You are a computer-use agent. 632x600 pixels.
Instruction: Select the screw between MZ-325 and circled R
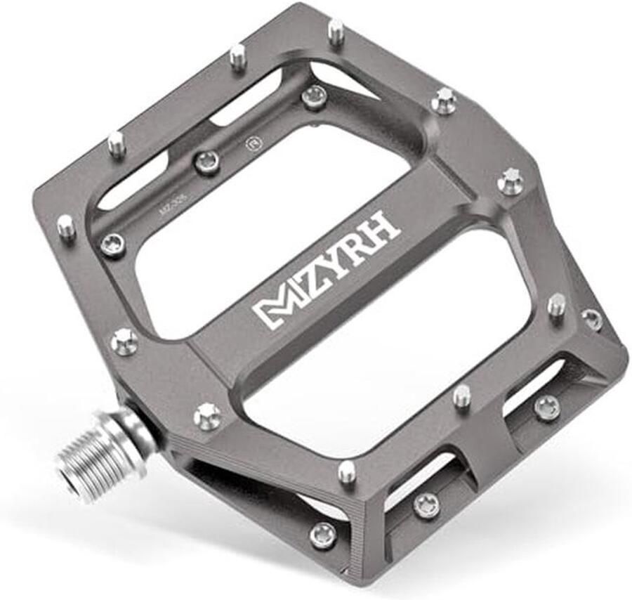[x=206, y=163]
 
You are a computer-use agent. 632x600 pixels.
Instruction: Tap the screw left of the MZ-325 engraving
[x=112, y=244]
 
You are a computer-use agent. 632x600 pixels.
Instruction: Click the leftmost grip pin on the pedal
[x=65, y=226]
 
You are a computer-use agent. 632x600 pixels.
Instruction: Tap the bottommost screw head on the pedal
[x=322, y=535]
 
